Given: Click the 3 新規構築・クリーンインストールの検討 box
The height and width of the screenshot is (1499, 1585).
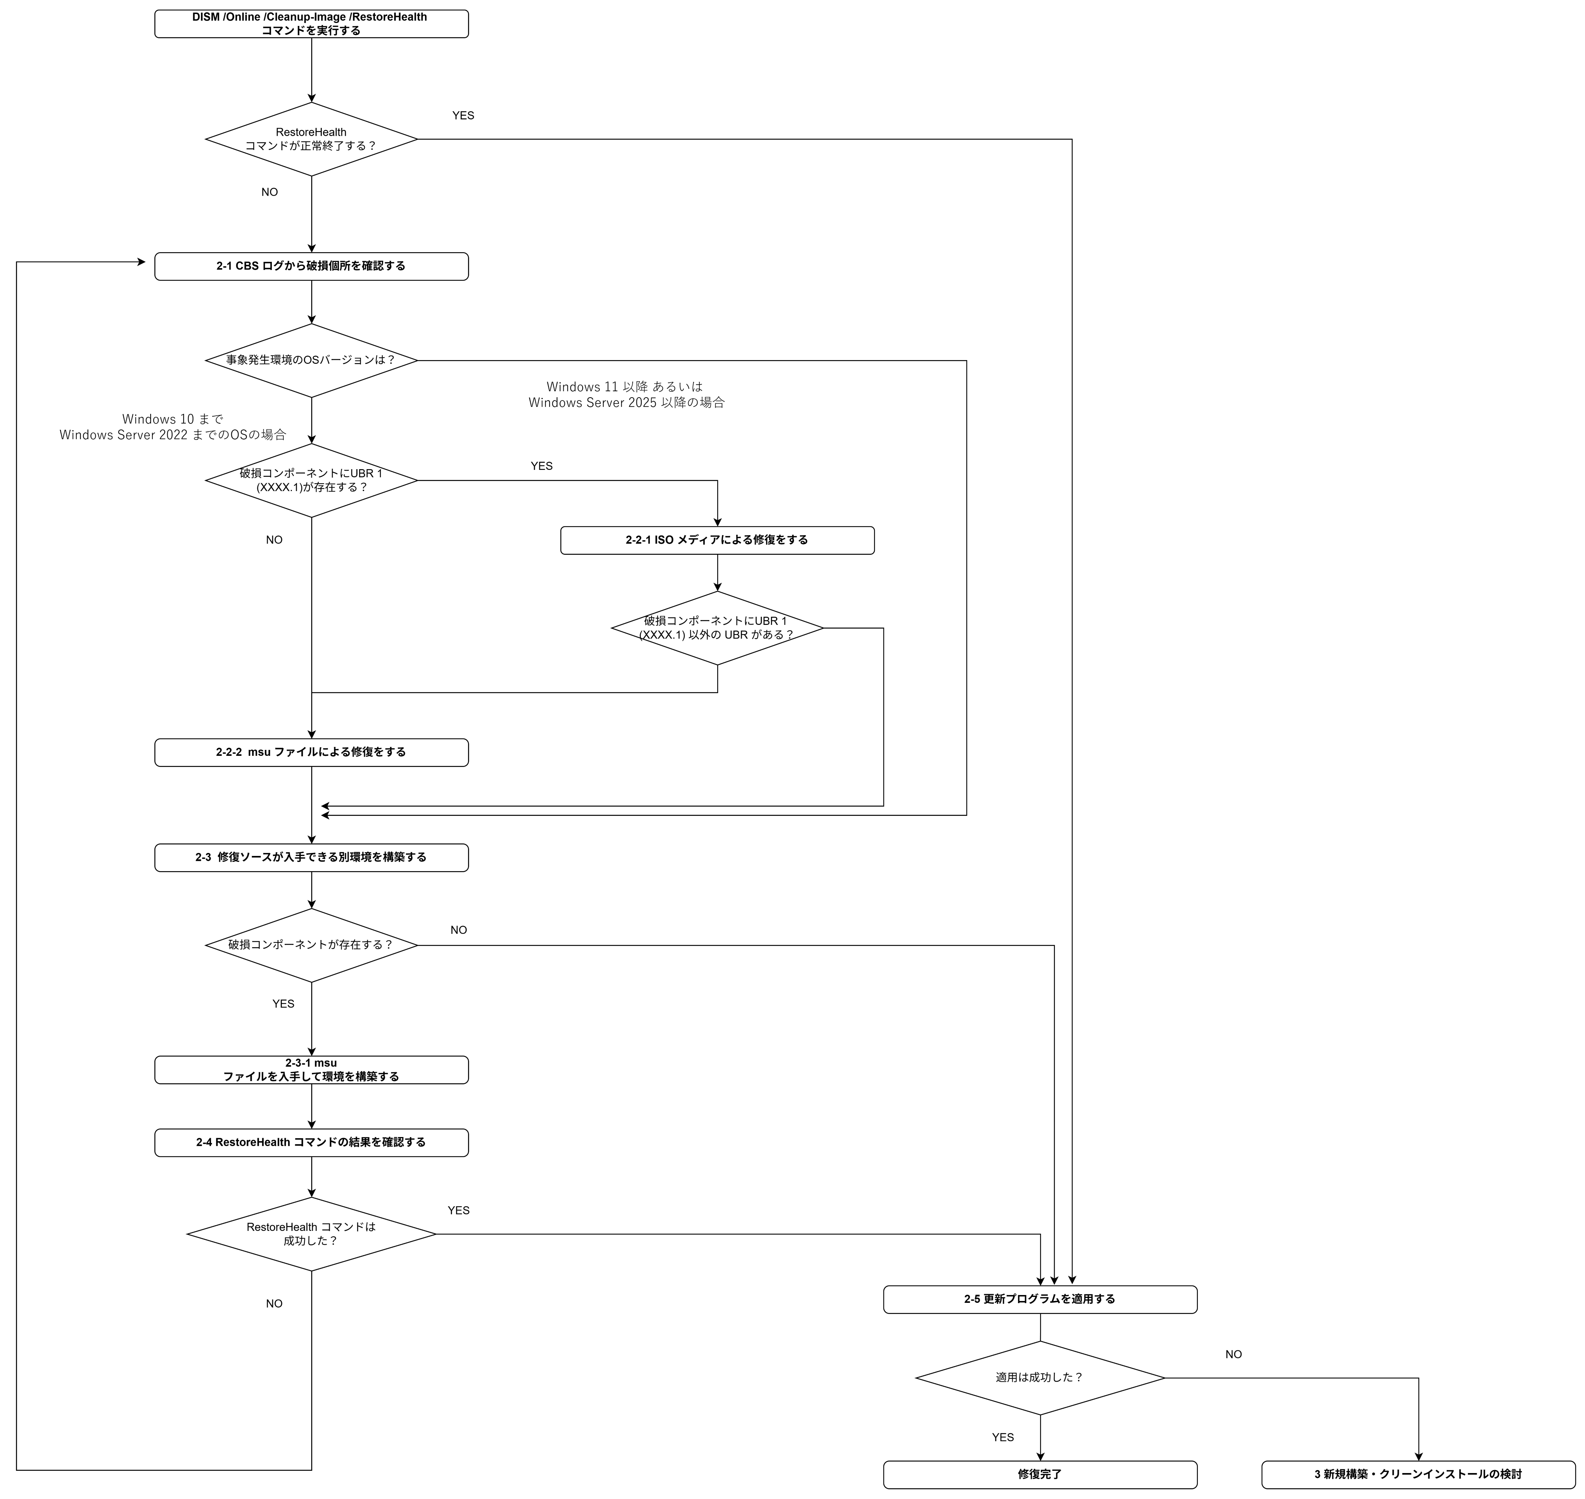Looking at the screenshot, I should [1418, 1474].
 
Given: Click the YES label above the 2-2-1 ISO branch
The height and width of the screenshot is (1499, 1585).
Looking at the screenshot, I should [542, 466].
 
